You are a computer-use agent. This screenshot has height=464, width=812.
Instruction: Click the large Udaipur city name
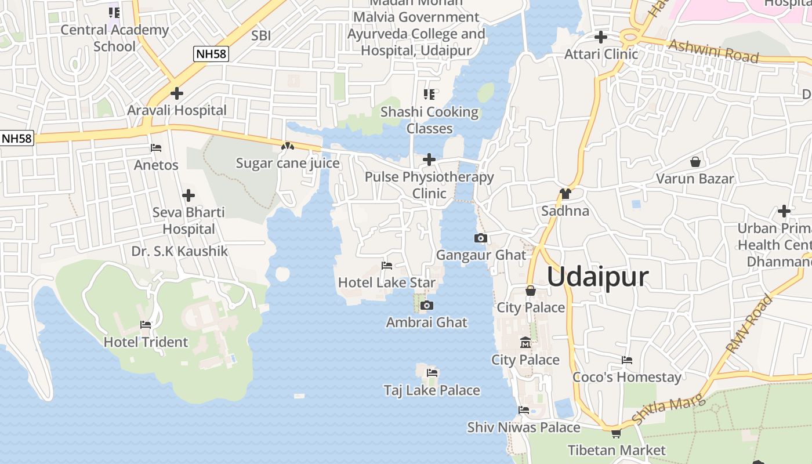click(x=597, y=277)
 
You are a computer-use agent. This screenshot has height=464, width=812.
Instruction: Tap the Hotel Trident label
click(x=146, y=342)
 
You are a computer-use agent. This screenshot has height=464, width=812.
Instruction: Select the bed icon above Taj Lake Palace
click(x=432, y=373)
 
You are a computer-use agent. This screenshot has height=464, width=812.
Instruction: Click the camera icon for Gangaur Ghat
click(x=481, y=238)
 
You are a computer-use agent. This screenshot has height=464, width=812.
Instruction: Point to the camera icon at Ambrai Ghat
click(x=427, y=305)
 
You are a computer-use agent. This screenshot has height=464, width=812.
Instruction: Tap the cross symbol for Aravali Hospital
click(x=177, y=93)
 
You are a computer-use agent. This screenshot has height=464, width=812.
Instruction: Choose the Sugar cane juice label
click(x=288, y=163)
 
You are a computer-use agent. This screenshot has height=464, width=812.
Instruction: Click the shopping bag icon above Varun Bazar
click(x=695, y=161)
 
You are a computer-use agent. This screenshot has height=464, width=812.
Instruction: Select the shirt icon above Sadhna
click(x=565, y=193)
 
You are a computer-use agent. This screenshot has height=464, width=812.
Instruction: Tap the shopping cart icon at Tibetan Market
click(x=616, y=433)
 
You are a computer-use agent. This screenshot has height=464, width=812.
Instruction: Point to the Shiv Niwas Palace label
click(x=524, y=427)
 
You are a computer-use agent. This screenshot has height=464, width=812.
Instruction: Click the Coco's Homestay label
click(x=627, y=377)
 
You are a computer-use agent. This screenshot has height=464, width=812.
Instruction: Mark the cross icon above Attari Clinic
click(x=601, y=37)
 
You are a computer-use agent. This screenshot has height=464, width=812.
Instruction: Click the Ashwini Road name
click(x=713, y=51)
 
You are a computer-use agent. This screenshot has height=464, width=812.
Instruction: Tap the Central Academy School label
click(x=114, y=38)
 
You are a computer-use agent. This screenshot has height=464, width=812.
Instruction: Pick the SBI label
click(x=261, y=35)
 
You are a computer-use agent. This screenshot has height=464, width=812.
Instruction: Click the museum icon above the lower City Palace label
click(x=525, y=342)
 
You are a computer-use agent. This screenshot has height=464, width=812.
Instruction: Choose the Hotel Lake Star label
click(x=386, y=282)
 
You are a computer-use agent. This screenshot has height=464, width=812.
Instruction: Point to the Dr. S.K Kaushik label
click(x=180, y=251)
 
